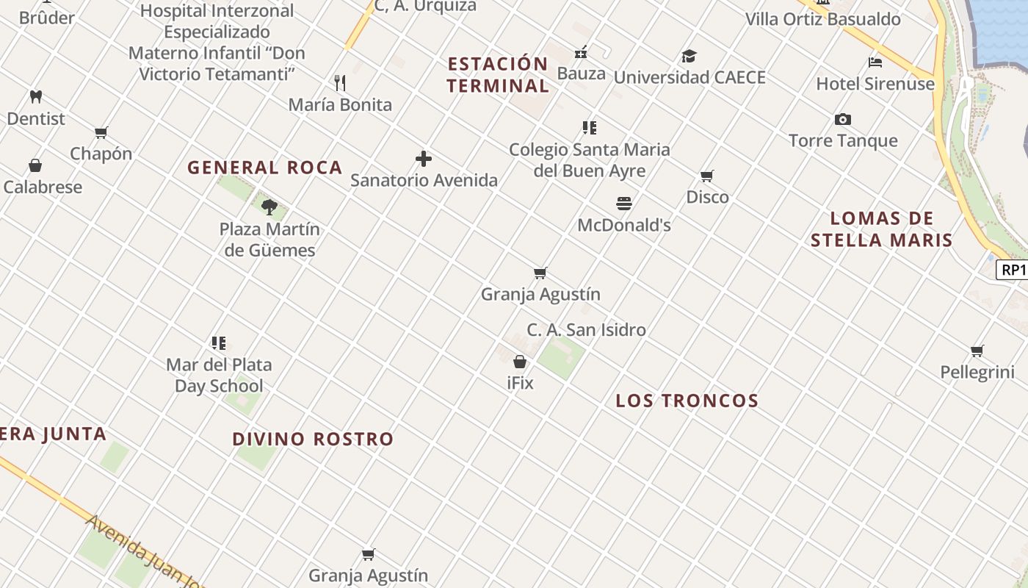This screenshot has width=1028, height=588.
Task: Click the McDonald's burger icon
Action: (x=624, y=203)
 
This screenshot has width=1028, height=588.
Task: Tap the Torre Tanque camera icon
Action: (x=843, y=119)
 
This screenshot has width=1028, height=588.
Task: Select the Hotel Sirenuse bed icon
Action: (x=875, y=62)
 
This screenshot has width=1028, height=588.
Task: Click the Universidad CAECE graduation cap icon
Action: (x=689, y=56)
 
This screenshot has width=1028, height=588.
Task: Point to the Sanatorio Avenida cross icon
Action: (x=424, y=159)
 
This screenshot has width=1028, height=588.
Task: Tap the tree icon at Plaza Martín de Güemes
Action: (x=269, y=207)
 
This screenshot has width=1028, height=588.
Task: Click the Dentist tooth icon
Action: (x=35, y=96)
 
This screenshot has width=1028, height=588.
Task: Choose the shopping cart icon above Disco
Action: (x=707, y=176)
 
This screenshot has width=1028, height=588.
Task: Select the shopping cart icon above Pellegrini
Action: (x=977, y=351)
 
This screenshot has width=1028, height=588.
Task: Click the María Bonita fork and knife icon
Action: (x=340, y=82)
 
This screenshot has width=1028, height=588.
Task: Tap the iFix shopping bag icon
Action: (x=520, y=362)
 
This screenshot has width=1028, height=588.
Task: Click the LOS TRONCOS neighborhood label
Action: (x=687, y=401)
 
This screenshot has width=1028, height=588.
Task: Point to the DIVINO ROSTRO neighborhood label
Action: (x=313, y=439)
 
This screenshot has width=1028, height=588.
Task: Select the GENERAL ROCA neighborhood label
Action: (x=264, y=168)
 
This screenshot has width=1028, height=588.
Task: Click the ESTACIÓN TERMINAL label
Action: (x=498, y=75)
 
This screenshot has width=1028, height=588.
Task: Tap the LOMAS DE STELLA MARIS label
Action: (x=881, y=229)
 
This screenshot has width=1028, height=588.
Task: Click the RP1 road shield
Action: (x=1013, y=270)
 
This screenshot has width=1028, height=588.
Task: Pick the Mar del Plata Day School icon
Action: (x=219, y=343)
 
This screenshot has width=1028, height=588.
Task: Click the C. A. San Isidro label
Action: (x=586, y=330)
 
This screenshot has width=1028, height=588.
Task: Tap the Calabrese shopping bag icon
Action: (x=35, y=165)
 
